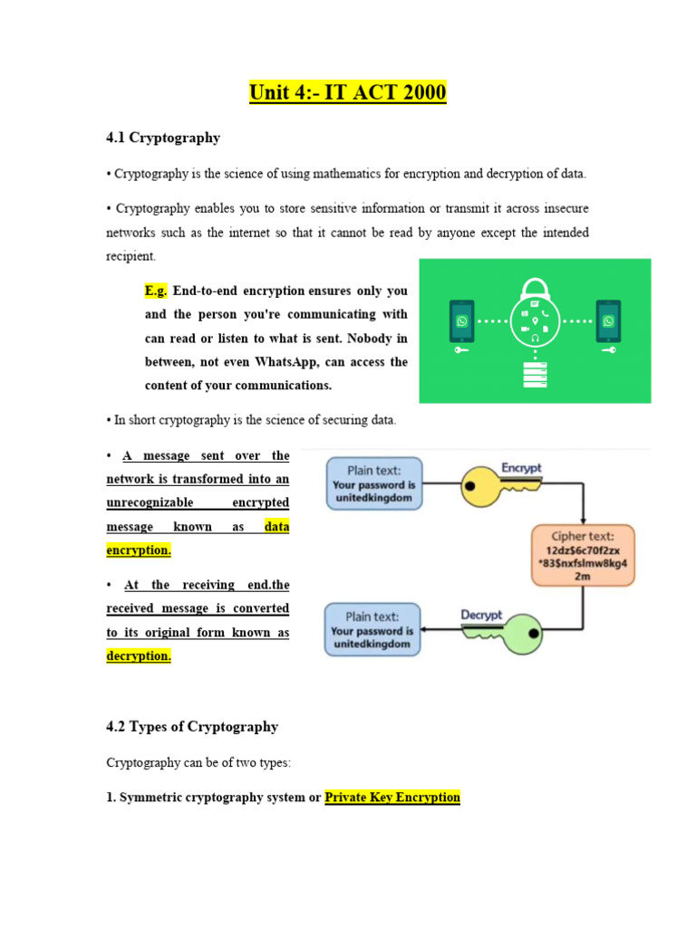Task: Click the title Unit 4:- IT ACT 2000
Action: [x=348, y=92]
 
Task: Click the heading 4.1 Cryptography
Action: [x=163, y=138]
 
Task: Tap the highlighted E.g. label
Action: [x=156, y=291]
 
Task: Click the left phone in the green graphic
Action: [x=462, y=322]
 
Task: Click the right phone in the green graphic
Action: [x=607, y=322]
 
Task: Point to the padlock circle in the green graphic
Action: [x=535, y=320]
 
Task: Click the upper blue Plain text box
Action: [x=373, y=484]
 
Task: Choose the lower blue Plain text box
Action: [x=373, y=629]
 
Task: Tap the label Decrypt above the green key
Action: [x=481, y=615]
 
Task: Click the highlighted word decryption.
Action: [x=138, y=655]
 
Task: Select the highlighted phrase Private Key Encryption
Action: [x=392, y=798]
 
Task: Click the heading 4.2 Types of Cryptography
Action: [x=192, y=726]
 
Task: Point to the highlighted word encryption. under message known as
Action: [x=138, y=550]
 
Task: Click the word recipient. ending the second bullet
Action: [x=130, y=256]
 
